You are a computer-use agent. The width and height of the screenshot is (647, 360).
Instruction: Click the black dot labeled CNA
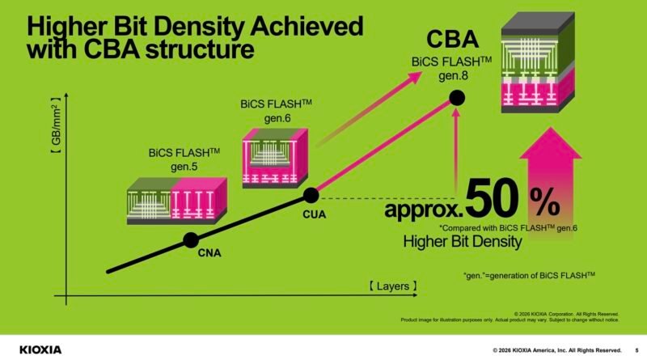point(191,239)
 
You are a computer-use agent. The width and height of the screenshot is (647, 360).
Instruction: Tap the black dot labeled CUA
point(311,195)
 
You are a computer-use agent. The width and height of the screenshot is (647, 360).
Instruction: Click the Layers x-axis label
point(392,286)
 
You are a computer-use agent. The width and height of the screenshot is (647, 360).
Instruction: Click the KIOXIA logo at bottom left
point(32,349)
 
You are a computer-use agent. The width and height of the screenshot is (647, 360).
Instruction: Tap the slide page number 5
point(636,349)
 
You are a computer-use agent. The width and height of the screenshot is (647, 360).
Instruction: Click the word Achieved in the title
point(302,25)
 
